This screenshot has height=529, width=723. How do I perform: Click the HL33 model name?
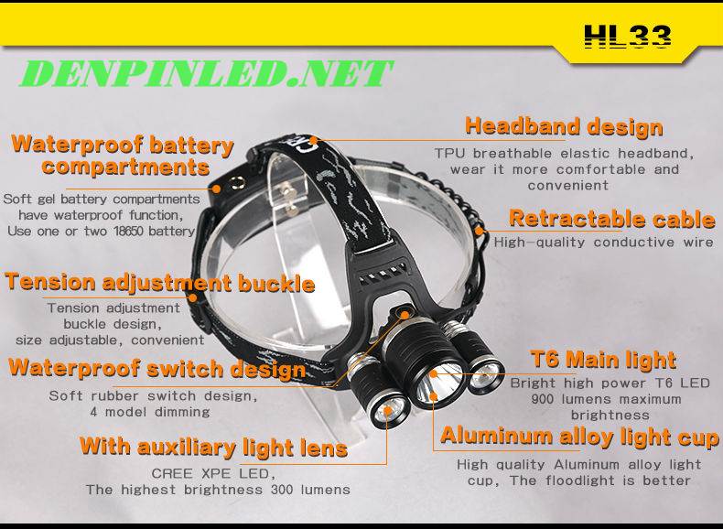pyautogui.click(x=628, y=37)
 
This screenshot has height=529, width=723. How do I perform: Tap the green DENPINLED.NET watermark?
pyautogui.click(x=206, y=73)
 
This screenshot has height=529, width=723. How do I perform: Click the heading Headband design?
pyautogui.click(x=564, y=126)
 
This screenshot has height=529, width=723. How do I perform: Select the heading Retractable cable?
pyautogui.click(x=612, y=219)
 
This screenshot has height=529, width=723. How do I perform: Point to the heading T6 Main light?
pyautogui.click(x=603, y=360)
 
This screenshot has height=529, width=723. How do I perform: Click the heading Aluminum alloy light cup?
pyautogui.click(x=579, y=437)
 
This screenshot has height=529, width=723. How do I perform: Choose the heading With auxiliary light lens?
pyautogui.click(x=213, y=447)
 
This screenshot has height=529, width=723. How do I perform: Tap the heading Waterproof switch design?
pyautogui.click(x=157, y=369)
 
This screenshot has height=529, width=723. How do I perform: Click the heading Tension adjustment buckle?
pyautogui.click(x=160, y=282)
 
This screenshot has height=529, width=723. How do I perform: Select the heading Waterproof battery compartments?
pyautogui.click(x=123, y=156)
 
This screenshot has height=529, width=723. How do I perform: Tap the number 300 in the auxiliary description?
pyautogui.click(x=281, y=490)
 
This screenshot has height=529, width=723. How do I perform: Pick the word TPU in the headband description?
pyautogui.click(x=450, y=153)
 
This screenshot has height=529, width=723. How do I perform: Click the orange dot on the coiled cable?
pyautogui.click(x=480, y=230)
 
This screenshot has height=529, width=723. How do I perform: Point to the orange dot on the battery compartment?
pyautogui.click(x=217, y=189)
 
